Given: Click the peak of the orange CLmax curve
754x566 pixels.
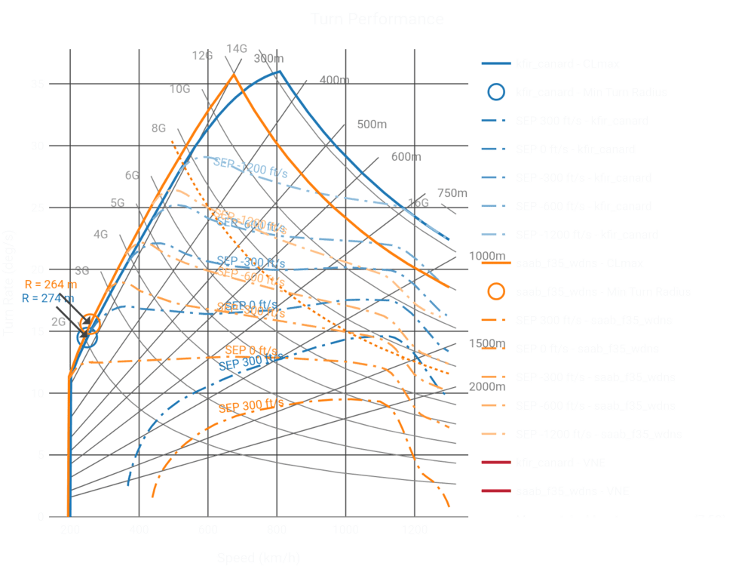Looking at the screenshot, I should coord(234,74).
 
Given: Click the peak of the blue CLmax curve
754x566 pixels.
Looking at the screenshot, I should coord(279,71).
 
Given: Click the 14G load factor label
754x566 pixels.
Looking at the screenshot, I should coord(236,48).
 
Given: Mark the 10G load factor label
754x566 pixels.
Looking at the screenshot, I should coord(179,90).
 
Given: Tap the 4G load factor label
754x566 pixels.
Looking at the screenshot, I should coord(100,235).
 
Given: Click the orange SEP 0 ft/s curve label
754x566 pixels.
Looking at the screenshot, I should coord(250,349).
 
